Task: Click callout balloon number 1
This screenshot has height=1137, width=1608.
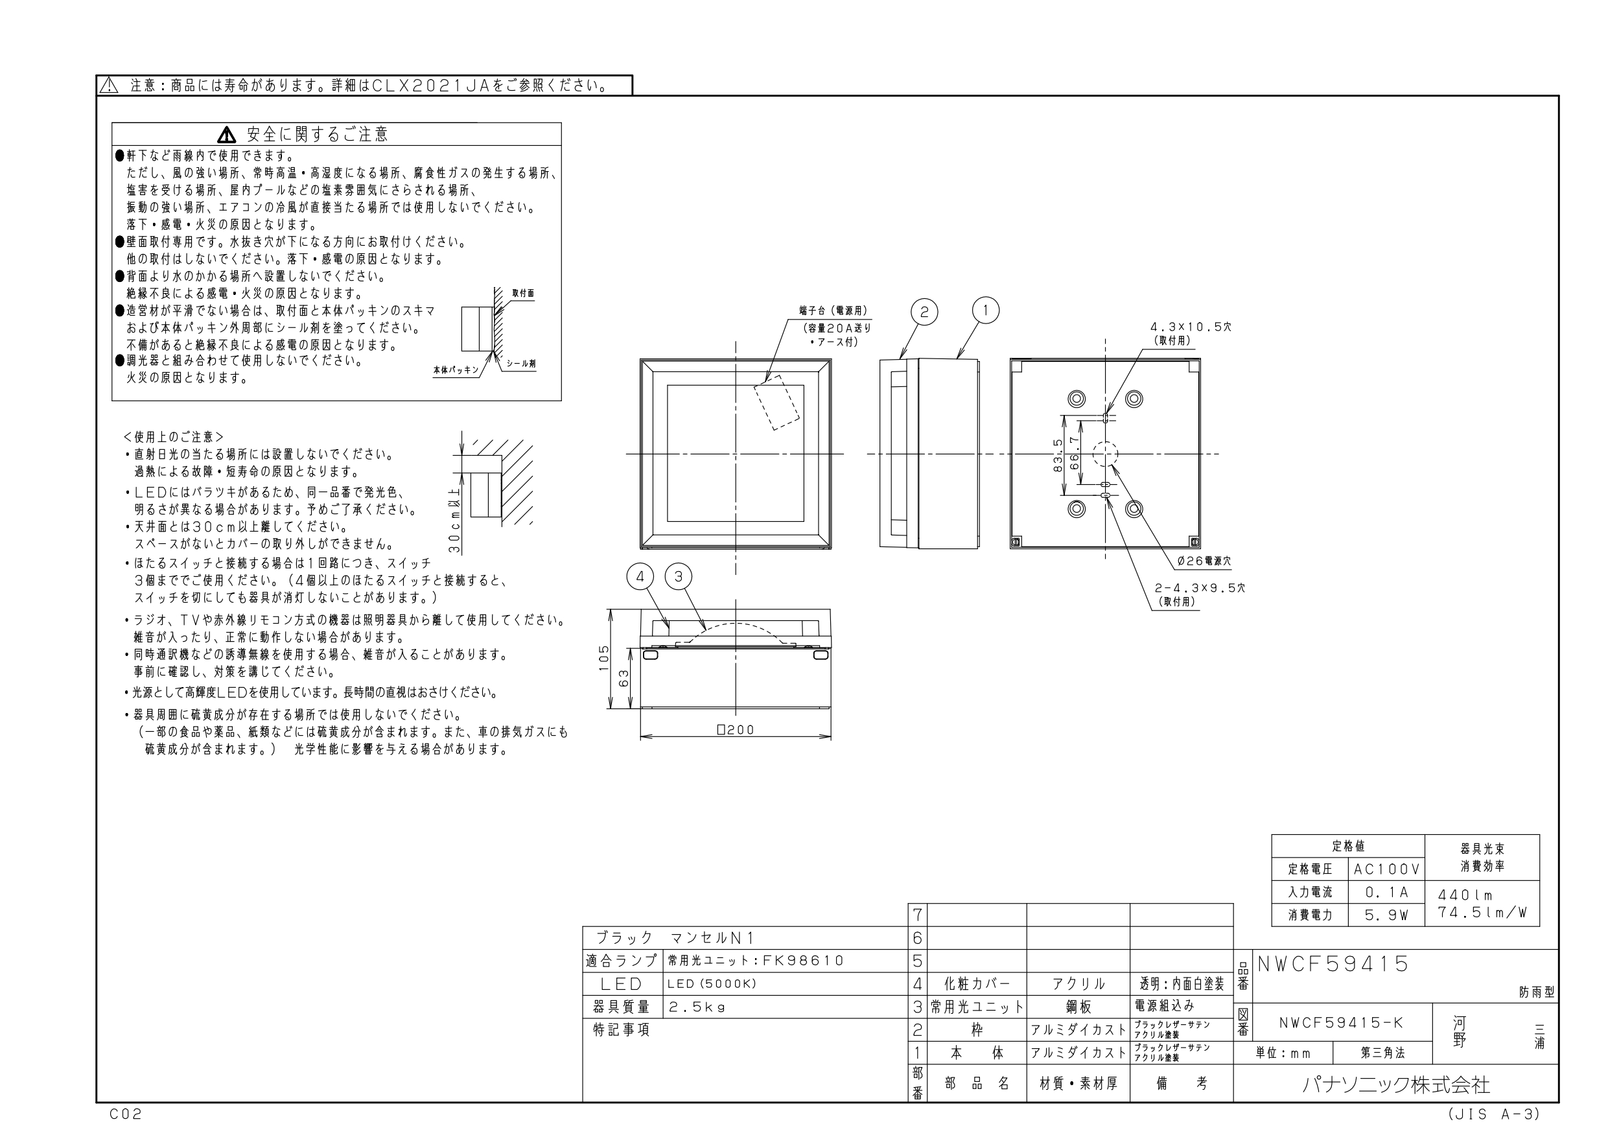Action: click(985, 311)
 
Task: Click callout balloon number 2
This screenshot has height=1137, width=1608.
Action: click(924, 312)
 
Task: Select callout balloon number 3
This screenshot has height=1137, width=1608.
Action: click(678, 576)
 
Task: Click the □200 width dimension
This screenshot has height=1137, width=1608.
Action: click(736, 730)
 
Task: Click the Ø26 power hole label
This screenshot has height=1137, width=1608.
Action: click(1204, 561)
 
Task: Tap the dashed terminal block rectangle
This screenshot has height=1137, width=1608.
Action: click(776, 402)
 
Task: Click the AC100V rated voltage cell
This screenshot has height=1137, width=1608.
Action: click(1387, 869)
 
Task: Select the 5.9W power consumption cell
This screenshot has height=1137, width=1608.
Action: click(1387, 915)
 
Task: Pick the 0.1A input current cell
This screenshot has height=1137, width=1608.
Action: click(1387, 893)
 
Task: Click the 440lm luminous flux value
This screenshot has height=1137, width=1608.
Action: click(1465, 895)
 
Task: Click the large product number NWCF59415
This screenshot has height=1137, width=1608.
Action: click(1333, 964)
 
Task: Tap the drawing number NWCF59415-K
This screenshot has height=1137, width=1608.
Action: click(1341, 1023)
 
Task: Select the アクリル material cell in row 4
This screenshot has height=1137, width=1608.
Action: click(1078, 984)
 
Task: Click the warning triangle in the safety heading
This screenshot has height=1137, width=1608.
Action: click(227, 134)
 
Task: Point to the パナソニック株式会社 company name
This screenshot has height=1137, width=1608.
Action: click(1396, 1085)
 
